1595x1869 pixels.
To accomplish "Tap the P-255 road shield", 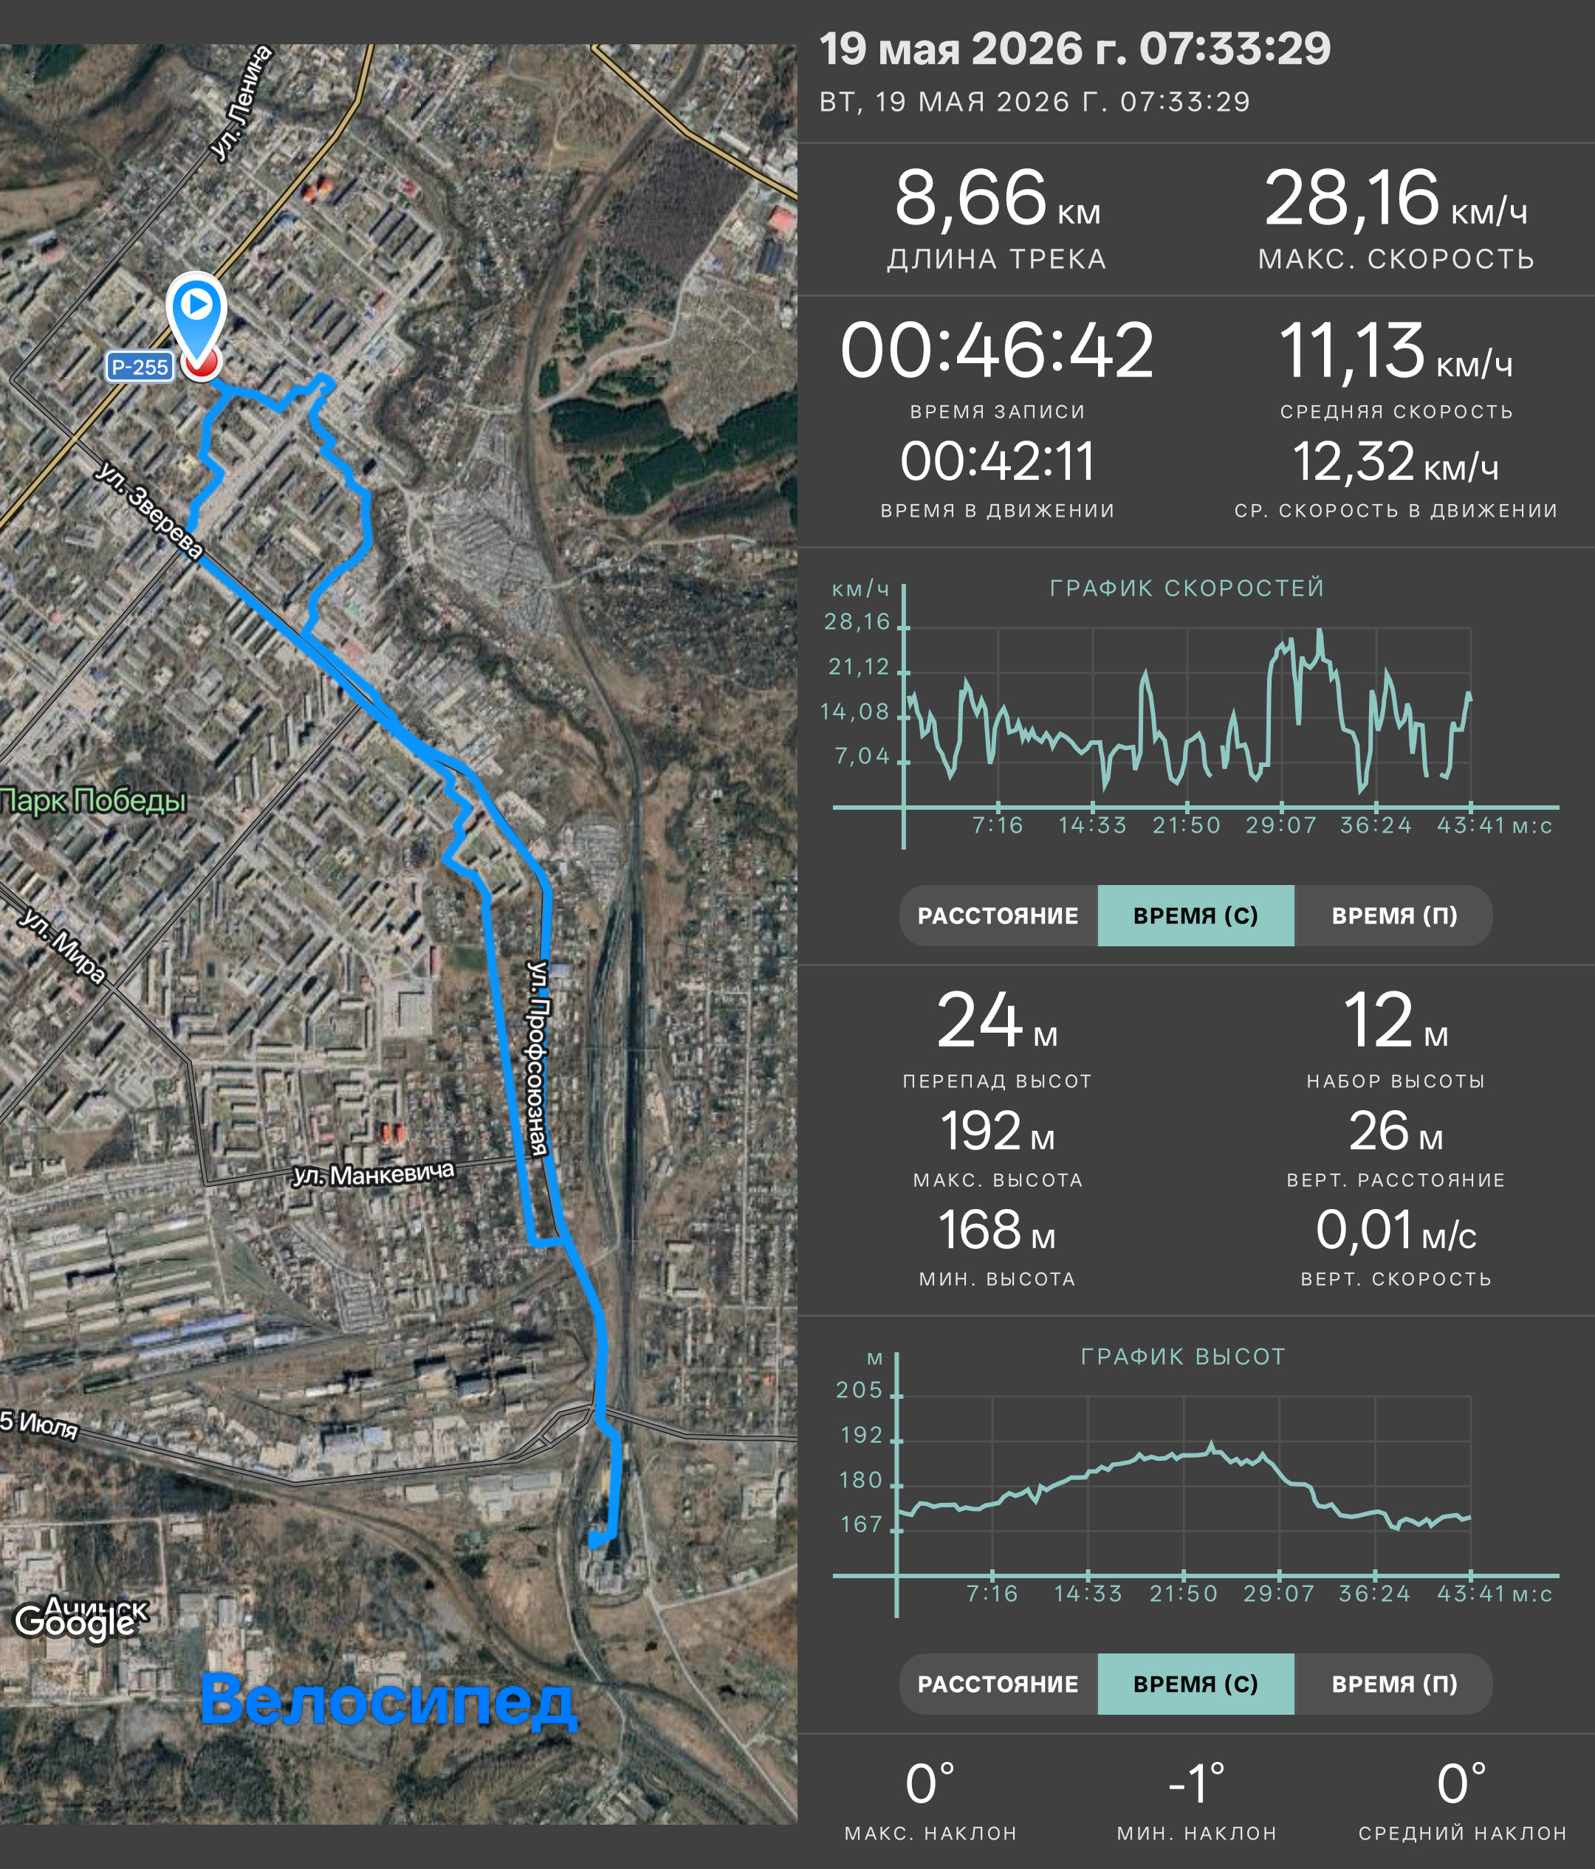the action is point(139,367).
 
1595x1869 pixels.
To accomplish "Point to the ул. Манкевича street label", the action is point(374,1174).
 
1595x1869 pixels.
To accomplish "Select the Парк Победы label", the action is point(93,800).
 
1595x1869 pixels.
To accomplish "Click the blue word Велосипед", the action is point(387,1700).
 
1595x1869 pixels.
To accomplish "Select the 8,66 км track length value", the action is point(997,199).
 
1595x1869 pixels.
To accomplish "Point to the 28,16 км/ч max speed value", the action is point(1396,199).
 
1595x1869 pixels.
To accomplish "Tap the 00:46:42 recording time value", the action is point(997,351).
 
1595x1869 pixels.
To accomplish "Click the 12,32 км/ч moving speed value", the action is point(1396,462).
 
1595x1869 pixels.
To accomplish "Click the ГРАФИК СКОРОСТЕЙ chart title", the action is point(1187,588).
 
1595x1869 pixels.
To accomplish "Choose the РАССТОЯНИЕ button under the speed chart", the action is point(998,915).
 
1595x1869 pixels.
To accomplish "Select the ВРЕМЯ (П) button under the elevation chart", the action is point(1394,1684).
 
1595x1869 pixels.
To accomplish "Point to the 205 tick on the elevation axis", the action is point(860,1390).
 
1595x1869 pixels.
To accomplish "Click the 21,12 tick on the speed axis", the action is point(859,667).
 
